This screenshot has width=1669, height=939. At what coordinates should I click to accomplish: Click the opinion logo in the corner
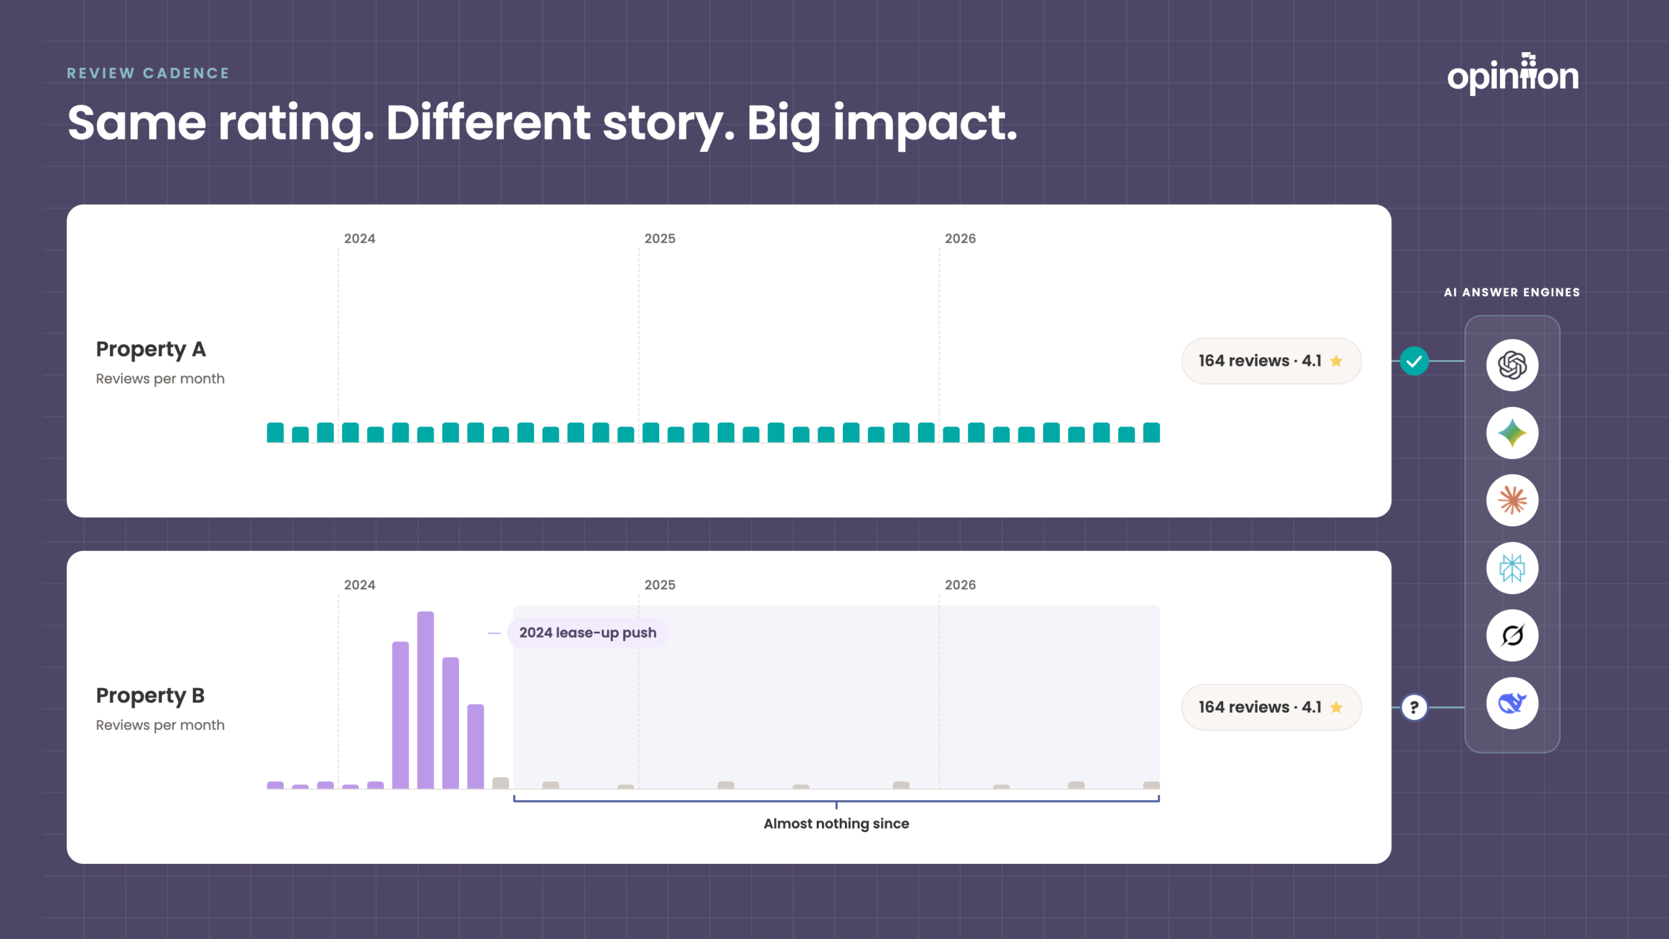[1513, 74]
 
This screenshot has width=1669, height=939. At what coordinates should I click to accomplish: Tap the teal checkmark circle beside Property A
[1414, 361]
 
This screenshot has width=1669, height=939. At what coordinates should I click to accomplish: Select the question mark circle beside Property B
[1414, 707]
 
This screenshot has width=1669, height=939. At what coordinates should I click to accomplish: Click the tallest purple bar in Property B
[426, 700]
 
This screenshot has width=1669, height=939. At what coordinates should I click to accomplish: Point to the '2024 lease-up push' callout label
[587, 633]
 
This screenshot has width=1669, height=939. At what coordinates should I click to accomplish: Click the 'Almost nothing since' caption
[836, 824]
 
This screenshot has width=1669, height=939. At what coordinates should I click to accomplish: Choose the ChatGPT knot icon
[1513, 365]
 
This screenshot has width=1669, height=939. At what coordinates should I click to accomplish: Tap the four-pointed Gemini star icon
[1513, 433]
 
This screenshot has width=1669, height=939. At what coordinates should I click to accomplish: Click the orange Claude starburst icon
[1513, 501]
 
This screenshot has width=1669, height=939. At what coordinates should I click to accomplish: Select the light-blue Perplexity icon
[1513, 568]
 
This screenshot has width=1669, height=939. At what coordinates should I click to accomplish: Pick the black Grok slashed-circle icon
[1513, 636]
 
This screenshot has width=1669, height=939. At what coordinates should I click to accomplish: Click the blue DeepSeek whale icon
[1513, 704]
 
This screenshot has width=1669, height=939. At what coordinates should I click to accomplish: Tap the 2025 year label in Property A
[660, 239]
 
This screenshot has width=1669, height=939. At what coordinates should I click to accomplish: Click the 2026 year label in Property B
[960, 585]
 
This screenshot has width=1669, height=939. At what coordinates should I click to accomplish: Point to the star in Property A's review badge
[1337, 361]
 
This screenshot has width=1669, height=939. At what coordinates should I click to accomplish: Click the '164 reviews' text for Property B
[1244, 707]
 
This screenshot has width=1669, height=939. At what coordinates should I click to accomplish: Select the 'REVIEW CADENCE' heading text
[148, 73]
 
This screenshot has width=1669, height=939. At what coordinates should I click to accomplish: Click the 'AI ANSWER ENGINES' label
[1512, 293]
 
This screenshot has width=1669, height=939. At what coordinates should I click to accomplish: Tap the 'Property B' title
[151, 696]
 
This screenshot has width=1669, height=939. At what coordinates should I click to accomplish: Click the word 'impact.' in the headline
[926, 124]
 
